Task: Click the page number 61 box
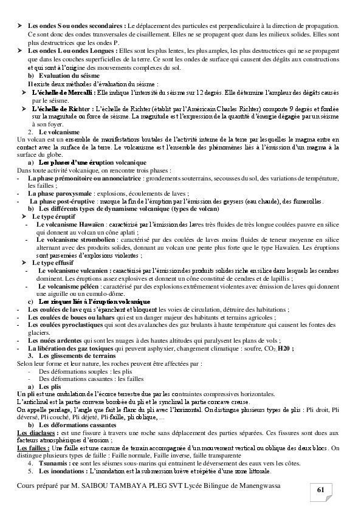[321, 490]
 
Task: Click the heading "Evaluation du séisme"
[64, 75]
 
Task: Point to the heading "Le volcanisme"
[59, 131]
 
